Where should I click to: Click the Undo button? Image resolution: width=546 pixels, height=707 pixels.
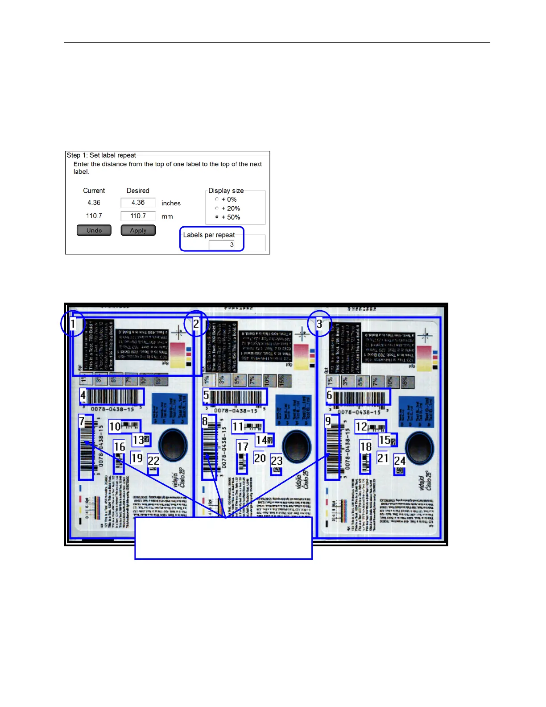(x=94, y=230)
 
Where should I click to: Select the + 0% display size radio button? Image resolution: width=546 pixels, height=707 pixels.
(x=217, y=200)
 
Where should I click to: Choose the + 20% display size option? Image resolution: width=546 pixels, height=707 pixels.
(x=217, y=208)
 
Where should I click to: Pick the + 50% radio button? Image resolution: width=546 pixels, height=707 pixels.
(x=217, y=217)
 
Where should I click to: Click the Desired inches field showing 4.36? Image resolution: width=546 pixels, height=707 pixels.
(x=138, y=203)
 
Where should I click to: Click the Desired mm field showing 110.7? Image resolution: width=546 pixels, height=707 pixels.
(x=138, y=216)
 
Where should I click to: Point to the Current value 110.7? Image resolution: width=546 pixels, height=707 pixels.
(x=94, y=216)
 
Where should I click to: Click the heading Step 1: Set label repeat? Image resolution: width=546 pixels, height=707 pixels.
(x=101, y=155)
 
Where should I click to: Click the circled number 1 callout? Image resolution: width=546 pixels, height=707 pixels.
(x=73, y=324)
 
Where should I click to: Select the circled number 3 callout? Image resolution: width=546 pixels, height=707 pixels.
(x=319, y=324)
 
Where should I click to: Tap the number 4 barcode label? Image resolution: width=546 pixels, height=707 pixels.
(x=83, y=395)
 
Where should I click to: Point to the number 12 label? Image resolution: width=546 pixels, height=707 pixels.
(x=361, y=427)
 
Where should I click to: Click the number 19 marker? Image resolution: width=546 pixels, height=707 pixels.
(x=136, y=458)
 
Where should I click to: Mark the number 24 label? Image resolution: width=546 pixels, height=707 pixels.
(x=400, y=461)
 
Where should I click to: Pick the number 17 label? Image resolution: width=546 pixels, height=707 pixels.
(x=243, y=447)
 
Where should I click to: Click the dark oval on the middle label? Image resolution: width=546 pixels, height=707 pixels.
(x=296, y=446)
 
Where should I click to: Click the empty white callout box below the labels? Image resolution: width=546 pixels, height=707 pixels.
(x=223, y=538)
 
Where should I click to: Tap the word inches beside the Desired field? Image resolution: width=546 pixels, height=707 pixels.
(x=171, y=203)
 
